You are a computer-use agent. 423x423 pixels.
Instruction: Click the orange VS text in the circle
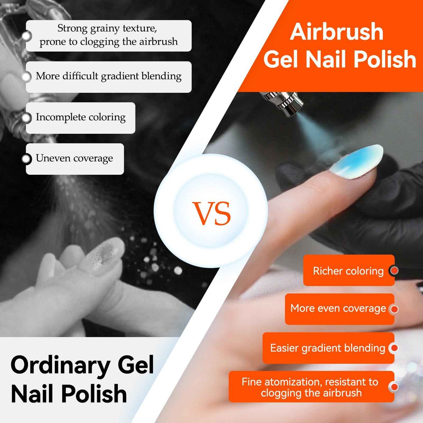pos(211,213)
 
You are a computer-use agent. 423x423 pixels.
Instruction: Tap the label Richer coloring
pos(348,271)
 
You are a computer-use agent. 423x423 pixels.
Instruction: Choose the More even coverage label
pos(338,309)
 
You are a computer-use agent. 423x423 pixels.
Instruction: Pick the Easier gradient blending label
pos(327,348)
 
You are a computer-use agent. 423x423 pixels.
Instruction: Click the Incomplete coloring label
pos(81,117)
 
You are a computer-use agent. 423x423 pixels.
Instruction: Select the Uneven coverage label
pos(74,158)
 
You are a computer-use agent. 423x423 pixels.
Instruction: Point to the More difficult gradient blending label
pos(109,76)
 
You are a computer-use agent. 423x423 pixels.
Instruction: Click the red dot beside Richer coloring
pos(394,270)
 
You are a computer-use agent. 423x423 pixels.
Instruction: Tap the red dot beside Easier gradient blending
pos(394,348)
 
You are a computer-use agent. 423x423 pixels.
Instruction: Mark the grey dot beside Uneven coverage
pos(26,159)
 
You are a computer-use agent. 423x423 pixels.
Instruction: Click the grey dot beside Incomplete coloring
pos(26,118)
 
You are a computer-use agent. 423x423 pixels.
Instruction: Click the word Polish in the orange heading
pos(385,59)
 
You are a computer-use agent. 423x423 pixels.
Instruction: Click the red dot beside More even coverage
pos(394,309)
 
